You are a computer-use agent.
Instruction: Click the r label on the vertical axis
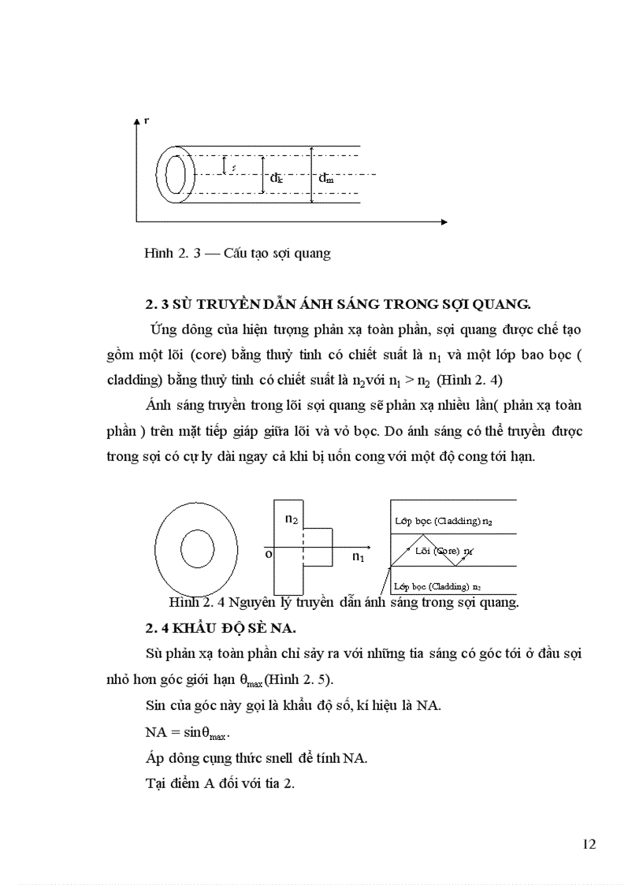point(147,120)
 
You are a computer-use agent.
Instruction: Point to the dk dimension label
point(276,179)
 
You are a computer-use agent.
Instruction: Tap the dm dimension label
point(325,179)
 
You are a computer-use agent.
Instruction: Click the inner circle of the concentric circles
point(199,547)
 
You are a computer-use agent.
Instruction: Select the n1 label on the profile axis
point(359,557)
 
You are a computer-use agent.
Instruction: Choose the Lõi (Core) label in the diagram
point(444,551)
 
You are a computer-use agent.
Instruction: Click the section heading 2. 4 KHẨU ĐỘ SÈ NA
point(234,627)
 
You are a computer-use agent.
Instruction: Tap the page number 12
point(588,844)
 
